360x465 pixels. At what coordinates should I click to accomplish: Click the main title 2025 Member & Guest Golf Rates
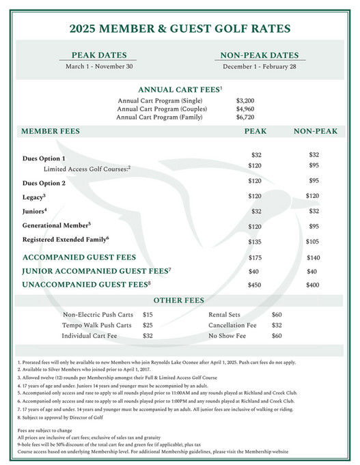point(180,29)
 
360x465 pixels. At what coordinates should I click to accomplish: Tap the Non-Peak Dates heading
point(260,55)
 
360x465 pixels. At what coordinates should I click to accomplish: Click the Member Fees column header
point(51,130)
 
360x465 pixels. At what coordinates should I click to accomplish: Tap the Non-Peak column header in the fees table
point(315,130)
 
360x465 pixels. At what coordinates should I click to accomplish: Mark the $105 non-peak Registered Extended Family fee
point(313,241)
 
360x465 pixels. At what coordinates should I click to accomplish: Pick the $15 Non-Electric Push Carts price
point(148,315)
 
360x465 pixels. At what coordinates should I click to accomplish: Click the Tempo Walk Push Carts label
point(96,325)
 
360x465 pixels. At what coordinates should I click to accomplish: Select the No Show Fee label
point(227,336)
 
